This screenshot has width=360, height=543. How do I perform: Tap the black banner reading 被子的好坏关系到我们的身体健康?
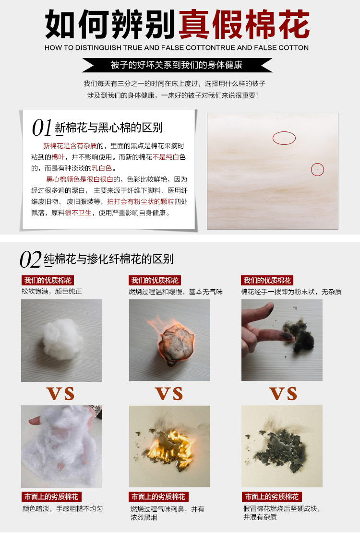[177, 65]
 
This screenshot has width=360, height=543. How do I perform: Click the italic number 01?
[42, 128]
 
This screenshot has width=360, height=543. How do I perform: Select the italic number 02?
[30, 260]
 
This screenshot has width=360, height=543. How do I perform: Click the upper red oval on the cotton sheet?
[284, 138]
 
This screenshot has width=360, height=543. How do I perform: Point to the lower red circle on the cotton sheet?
[317, 169]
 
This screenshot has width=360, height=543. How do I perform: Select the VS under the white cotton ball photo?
[61, 393]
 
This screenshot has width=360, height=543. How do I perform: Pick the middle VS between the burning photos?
[169, 393]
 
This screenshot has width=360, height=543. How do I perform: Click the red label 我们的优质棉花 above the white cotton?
[48, 281]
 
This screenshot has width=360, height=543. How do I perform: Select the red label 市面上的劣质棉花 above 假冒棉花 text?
[272, 496]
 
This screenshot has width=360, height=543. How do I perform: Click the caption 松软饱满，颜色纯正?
[52, 292]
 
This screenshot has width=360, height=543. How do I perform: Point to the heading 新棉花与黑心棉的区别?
[109, 128]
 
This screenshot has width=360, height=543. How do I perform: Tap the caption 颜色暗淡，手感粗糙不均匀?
[62, 508]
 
